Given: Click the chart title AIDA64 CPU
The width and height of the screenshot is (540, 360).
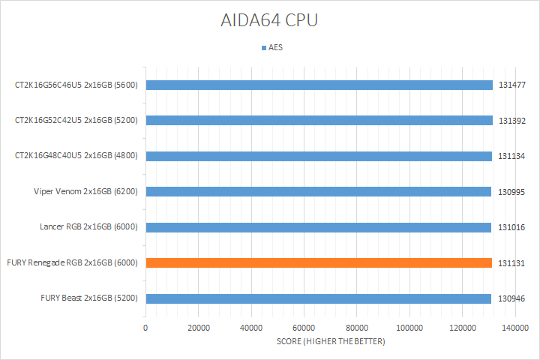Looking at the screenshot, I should pyautogui.click(x=269, y=20).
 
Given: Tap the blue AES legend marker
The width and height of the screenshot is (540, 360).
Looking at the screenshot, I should pyautogui.click(x=263, y=47).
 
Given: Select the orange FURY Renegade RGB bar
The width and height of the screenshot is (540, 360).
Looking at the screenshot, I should pyautogui.click(x=319, y=262).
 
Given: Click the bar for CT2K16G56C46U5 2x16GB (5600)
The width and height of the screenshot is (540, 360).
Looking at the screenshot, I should pyautogui.click(x=319, y=85).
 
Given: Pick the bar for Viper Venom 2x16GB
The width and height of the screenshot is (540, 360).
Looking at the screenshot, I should pyautogui.click(x=318, y=191).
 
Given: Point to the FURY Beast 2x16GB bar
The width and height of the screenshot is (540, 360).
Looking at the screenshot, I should pyautogui.click(x=318, y=298).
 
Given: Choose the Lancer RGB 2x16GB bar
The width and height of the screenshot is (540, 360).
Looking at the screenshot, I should pyautogui.click(x=318, y=227).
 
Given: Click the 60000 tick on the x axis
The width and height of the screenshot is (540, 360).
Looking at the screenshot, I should pyautogui.click(x=303, y=328).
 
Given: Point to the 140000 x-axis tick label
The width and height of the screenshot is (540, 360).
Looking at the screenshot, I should pyautogui.click(x=514, y=328).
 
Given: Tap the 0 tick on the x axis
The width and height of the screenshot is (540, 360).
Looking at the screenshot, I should pyautogui.click(x=145, y=328).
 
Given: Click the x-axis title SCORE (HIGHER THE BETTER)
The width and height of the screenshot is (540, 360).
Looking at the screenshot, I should pyautogui.click(x=330, y=342).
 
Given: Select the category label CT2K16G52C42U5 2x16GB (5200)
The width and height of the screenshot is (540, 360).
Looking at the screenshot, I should pyautogui.click(x=76, y=120).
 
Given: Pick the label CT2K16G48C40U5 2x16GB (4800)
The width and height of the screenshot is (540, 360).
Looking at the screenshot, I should pyautogui.click(x=76, y=156).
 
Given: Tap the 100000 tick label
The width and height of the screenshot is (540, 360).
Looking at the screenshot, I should pyautogui.click(x=409, y=328).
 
